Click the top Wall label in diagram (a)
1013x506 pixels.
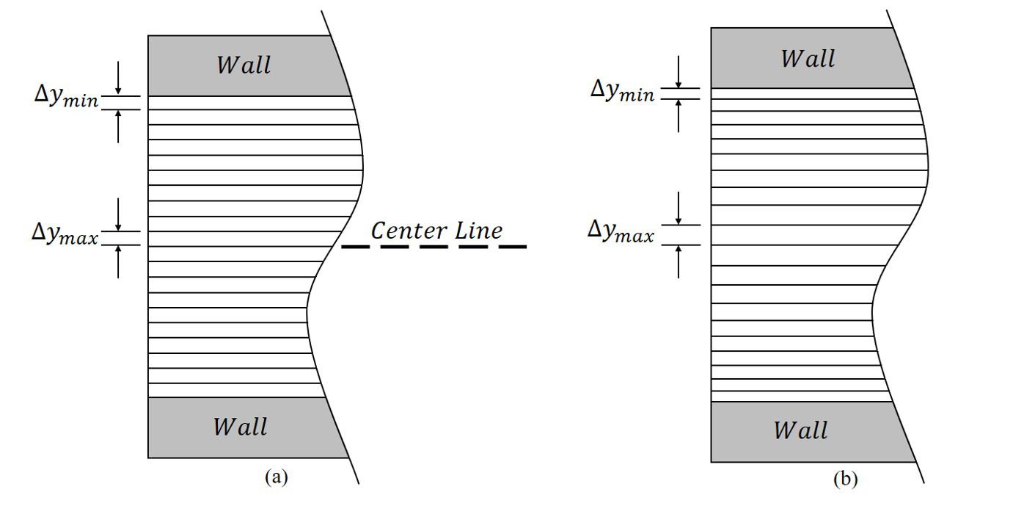point(244,65)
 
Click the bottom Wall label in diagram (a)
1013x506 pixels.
point(241,427)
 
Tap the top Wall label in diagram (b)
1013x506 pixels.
point(808,59)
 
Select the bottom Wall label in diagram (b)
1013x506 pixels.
point(801,430)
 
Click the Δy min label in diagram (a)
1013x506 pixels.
point(66,97)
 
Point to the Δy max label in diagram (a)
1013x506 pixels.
point(65,233)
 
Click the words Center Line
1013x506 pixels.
point(436,231)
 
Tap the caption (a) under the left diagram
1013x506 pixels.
point(276,477)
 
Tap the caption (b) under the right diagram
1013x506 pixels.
point(845,480)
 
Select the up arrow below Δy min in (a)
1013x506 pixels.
point(118,126)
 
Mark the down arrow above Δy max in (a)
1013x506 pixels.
point(118,214)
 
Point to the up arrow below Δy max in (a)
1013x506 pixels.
point(118,261)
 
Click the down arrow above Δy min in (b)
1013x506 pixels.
point(679,71)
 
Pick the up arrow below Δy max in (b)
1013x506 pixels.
point(679,261)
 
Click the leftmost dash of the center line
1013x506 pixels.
point(355,247)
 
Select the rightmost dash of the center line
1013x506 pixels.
point(513,247)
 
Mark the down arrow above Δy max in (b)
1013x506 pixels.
point(679,209)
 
